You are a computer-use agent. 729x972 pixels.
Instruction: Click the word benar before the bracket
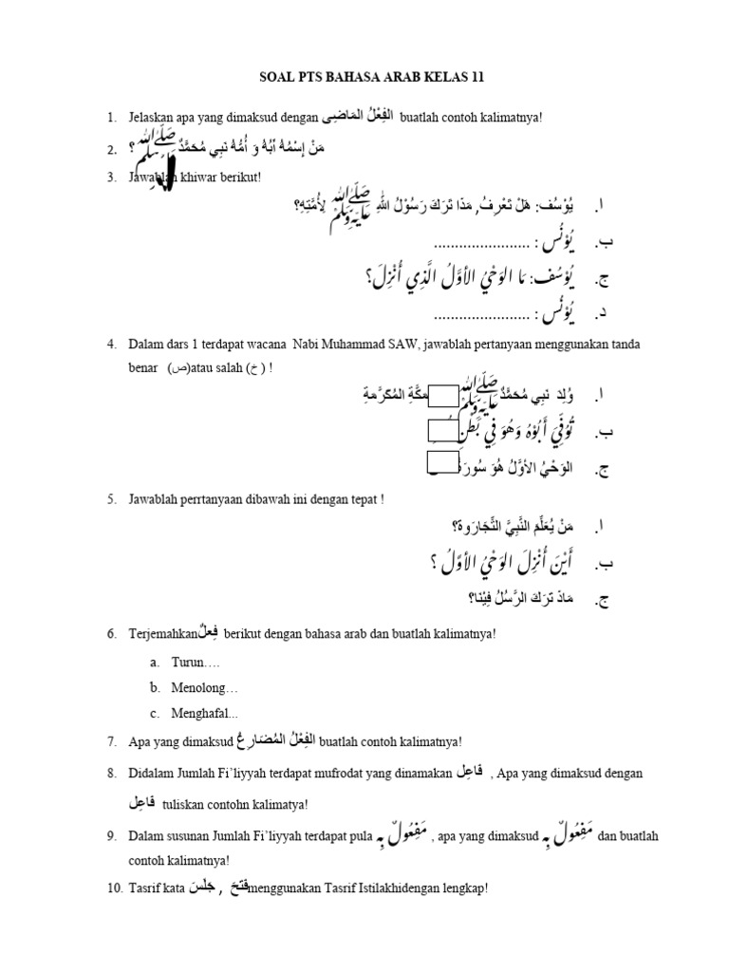coord(145,368)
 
